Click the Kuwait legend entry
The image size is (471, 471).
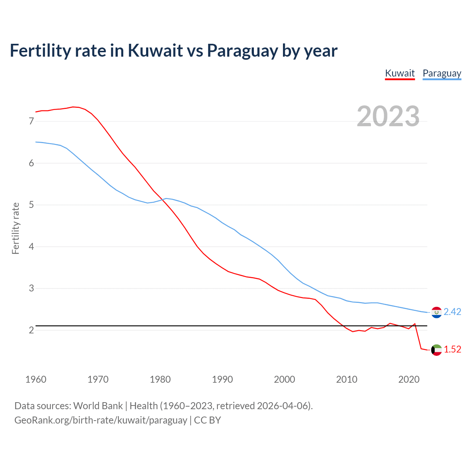pos(400,73)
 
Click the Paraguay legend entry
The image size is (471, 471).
pos(442,73)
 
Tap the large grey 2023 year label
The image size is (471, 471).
pos(388,116)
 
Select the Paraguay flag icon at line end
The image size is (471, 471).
pos(436,312)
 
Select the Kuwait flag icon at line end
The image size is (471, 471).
pos(436,350)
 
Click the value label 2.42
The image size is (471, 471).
pos(452,312)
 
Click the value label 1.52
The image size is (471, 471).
pos(452,350)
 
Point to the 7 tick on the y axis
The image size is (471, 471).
pos(31,121)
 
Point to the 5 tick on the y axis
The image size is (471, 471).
pos(31,205)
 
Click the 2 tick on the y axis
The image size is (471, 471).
pos(31,330)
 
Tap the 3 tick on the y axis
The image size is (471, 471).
pos(31,288)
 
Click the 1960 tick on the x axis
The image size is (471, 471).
pos(36,379)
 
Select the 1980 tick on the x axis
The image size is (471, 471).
pos(160,379)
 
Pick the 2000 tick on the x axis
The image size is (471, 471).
pos(284,379)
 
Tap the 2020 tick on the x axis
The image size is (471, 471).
pos(409,379)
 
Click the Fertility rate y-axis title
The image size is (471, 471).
pos(15,228)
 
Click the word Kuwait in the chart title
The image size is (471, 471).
pos(155,51)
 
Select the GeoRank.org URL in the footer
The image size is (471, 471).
pos(100,420)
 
